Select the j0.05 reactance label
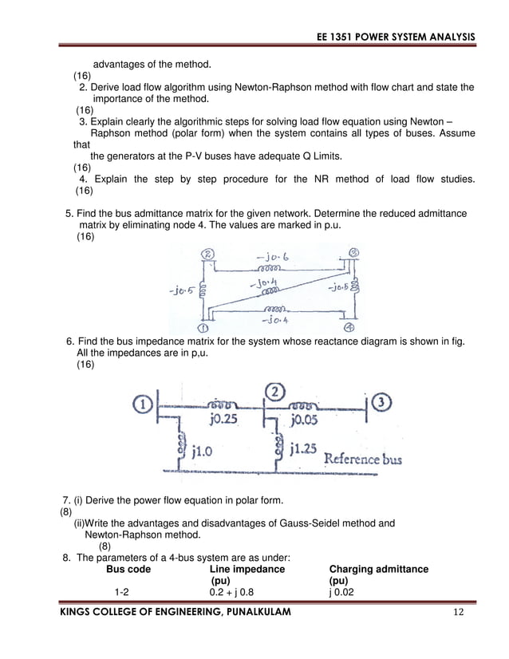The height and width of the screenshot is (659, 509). tap(306, 420)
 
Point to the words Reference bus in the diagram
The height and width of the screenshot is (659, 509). tap(362, 459)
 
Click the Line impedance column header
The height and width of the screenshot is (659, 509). tap(247, 569)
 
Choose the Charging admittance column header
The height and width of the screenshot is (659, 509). tap(378, 569)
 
